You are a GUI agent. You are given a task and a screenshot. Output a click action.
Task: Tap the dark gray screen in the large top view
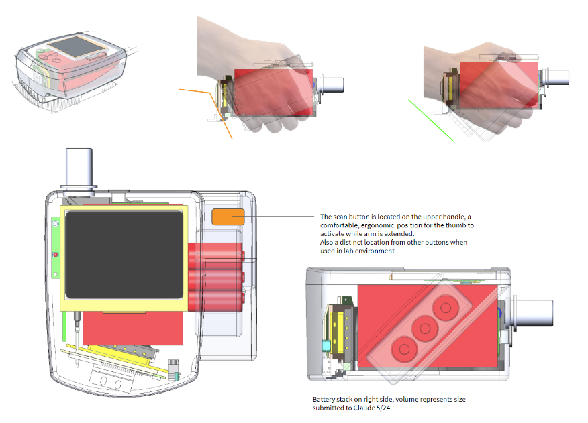click(x=123, y=254)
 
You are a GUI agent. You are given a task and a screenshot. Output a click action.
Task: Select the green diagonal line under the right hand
click(x=430, y=121)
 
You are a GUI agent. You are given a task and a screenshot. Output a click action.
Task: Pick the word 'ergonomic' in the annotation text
click(x=375, y=225)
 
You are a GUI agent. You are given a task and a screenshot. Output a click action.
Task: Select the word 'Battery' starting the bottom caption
click(x=324, y=400)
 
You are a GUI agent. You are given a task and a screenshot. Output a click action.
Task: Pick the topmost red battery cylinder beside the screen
click(x=216, y=255)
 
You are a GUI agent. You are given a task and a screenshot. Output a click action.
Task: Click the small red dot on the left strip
click(x=54, y=255)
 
